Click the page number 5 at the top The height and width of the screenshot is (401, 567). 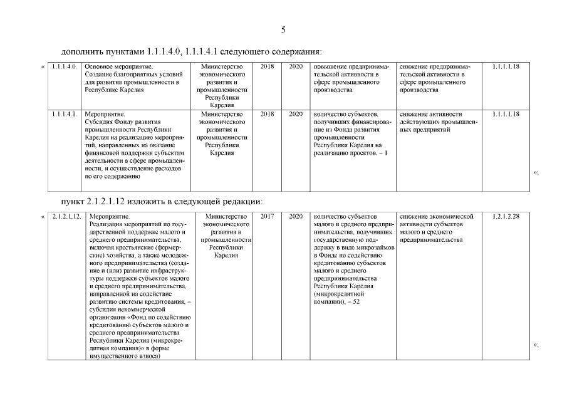point(283,29)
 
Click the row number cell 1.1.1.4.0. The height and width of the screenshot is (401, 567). point(64,66)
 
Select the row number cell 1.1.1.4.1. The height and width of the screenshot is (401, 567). point(64,114)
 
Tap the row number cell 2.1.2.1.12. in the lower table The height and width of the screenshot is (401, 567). point(66,216)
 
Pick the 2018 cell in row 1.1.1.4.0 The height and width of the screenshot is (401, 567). point(267,66)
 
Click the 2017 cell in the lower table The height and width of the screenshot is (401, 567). point(267,216)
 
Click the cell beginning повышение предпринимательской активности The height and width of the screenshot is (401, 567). point(351,78)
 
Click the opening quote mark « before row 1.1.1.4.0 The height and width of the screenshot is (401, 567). point(43,66)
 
